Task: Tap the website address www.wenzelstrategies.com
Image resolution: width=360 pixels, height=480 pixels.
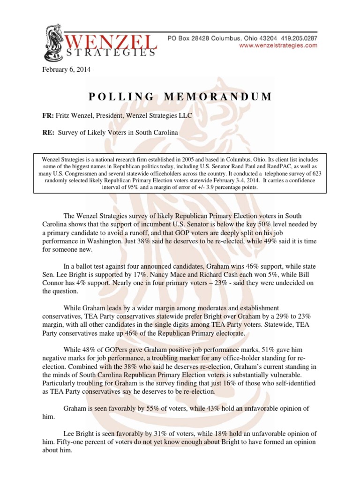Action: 278,45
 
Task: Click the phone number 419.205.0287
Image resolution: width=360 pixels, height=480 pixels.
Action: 297,37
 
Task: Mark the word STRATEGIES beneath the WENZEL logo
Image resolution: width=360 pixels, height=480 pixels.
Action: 109,53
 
